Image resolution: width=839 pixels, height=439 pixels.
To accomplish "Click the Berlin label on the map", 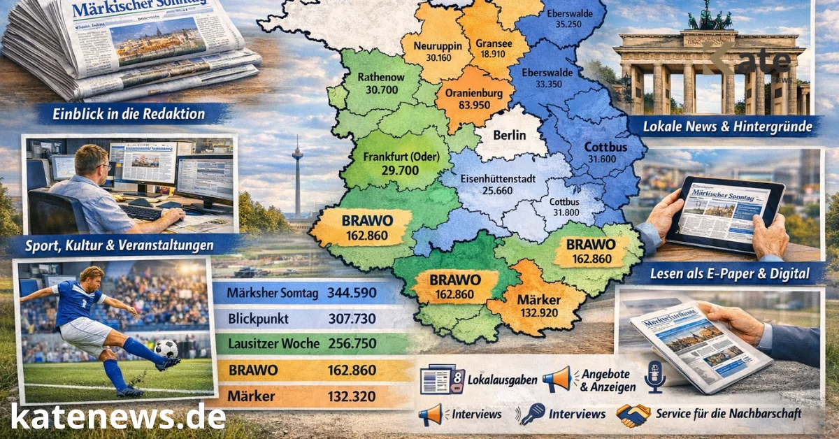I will (x=508, y=136).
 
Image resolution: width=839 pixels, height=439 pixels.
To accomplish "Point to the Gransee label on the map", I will (x=494, y=43).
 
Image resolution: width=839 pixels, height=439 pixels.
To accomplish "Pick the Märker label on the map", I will (x=538, y=300).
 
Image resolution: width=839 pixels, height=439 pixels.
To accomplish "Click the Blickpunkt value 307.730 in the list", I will (x=352, y=319).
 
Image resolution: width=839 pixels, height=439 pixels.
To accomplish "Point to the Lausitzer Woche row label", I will (x=273, y=344).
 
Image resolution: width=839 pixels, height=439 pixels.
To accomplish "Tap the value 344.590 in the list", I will (x=352, y=294).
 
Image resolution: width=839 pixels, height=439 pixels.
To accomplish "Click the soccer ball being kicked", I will (x=166, y=347).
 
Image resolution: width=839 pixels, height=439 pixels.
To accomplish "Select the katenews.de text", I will (x=118, y=417).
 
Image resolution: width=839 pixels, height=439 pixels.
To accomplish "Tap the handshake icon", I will (x=632, y=415).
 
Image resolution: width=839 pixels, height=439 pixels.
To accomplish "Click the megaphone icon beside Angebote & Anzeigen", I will (x=557, y=380).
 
